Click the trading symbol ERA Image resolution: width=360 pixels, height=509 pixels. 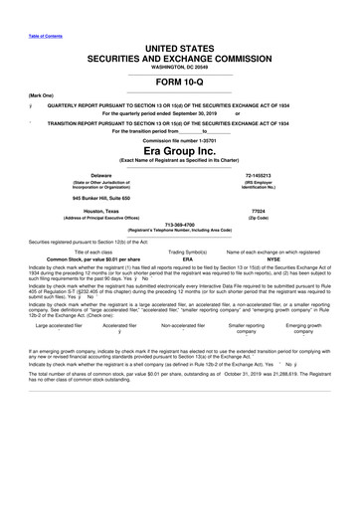click(x=181, y=260)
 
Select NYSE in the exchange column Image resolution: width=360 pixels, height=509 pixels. click(x=276, y=260)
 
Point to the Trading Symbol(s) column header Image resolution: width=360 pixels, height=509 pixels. click(x=181, y=253)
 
